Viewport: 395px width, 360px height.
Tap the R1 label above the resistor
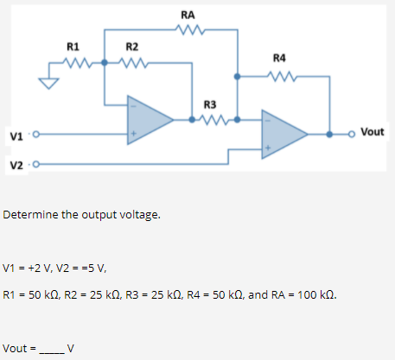73,46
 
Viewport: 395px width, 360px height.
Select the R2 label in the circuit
132,46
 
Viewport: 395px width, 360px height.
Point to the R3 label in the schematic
210,105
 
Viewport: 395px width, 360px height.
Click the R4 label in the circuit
279,59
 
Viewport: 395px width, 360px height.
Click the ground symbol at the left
50,83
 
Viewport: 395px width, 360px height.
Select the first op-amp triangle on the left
149,118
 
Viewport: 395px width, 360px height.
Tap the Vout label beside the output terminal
373,132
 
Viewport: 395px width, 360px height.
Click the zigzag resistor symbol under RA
188,30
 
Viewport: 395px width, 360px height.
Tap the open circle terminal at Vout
351,134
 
